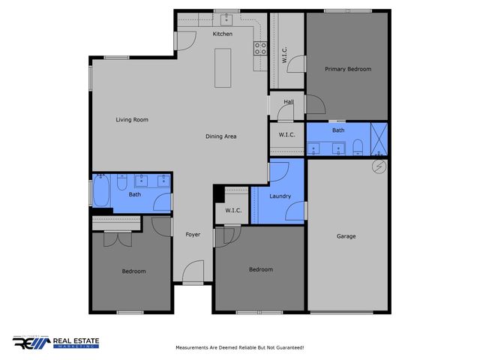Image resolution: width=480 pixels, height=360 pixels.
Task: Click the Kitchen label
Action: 223,34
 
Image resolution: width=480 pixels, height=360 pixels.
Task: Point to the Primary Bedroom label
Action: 347,69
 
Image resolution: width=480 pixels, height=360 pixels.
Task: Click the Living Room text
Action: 131,119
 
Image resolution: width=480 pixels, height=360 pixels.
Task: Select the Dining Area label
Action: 221,136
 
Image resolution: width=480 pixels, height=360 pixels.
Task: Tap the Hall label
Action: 288,103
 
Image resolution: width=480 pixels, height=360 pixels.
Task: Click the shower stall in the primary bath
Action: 379,139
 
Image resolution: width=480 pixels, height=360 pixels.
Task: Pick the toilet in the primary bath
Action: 358,145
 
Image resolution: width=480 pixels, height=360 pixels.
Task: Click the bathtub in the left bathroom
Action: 102,191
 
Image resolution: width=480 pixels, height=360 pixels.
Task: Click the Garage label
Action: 346,236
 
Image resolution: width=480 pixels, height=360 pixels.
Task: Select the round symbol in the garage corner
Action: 379,166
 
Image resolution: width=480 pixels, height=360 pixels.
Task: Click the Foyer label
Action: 193,235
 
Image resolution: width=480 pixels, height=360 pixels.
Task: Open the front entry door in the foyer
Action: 193,272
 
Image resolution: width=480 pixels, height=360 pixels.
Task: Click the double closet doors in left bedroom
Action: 113,238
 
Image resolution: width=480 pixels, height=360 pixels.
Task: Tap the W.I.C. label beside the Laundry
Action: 232,211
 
